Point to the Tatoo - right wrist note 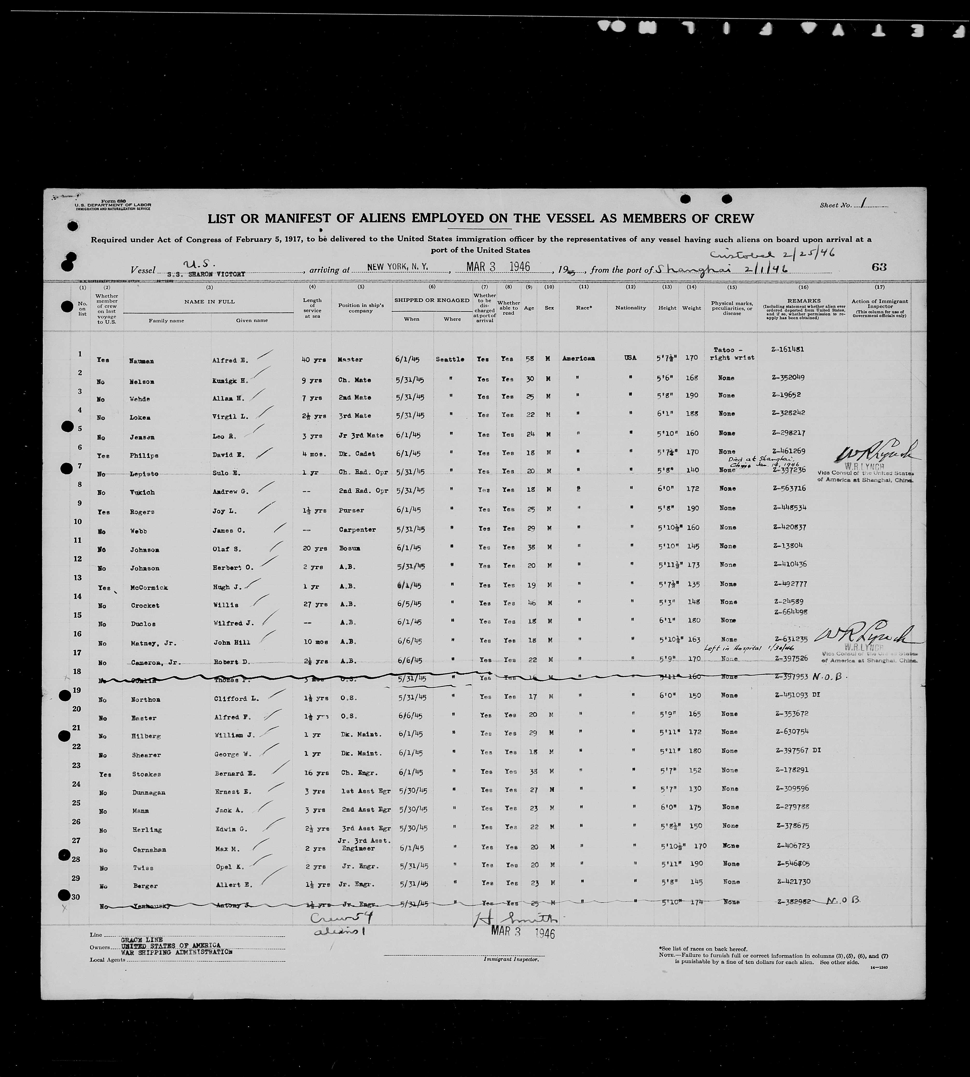[x=732, y=354]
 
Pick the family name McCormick [x=149, y=587]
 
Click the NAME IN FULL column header [x=210, y=301]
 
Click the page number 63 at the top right [x=879, y=267]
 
